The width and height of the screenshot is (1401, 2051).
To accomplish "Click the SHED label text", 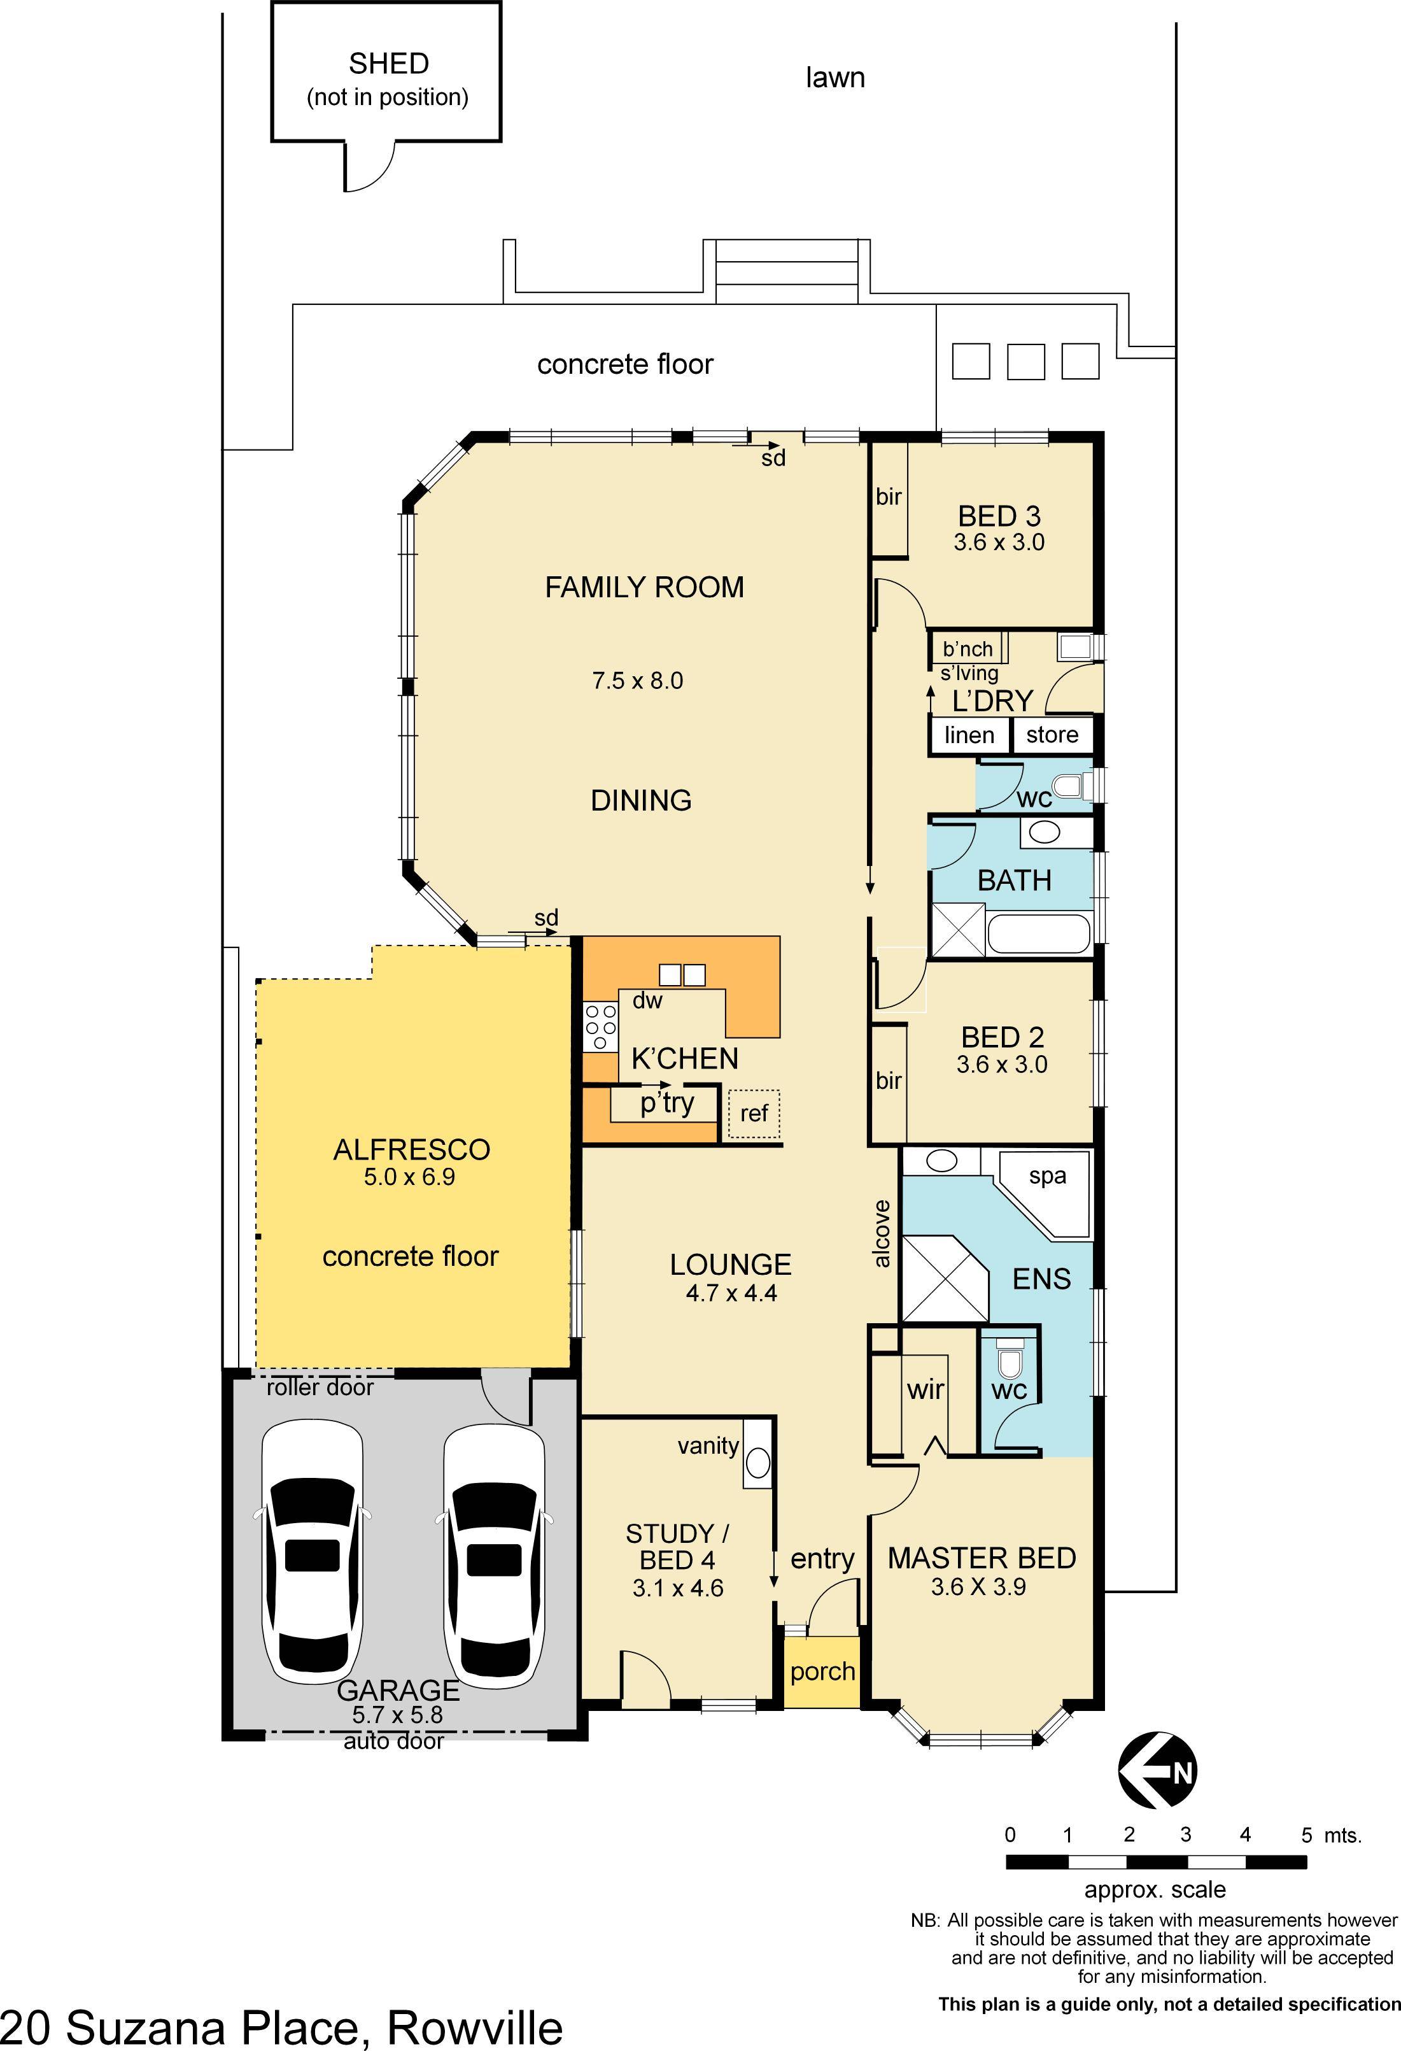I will (388, 64).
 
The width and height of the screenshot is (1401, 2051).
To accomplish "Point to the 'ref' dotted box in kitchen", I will (754, 1114).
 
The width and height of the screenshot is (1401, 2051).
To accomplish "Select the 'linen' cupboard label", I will (969, 735).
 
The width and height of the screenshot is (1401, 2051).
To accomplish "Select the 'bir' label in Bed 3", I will (889, 497).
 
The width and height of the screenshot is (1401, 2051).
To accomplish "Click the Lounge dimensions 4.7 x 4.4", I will (731, 1294).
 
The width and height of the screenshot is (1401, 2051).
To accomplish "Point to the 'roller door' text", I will (320, 1388).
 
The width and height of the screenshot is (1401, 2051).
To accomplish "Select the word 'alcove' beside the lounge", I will (882, 1234).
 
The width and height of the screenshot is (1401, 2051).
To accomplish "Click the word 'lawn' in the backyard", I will (834, 78).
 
